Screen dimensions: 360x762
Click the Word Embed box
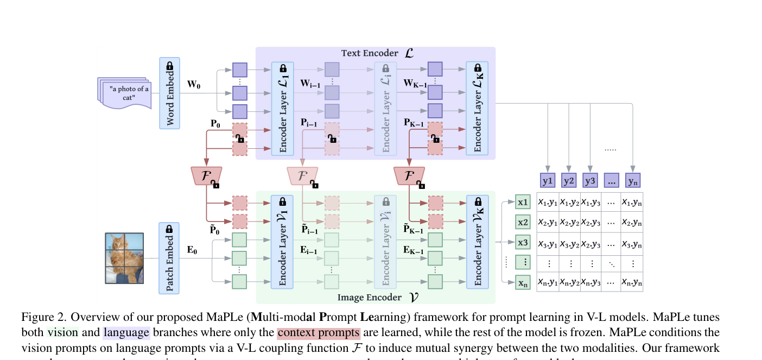coord(169,93)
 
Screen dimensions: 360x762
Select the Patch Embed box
coord(169,258)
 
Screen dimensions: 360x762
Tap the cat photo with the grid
coord(124,258)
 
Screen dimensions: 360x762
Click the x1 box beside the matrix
coord(523,203)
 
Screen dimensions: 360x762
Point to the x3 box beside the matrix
coord(523,243)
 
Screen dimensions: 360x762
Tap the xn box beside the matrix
coord(523,282)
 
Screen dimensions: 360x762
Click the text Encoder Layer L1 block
coord(282,109)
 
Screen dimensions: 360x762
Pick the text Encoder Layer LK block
coord(477,109)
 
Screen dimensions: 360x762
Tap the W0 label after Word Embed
coord(194,84)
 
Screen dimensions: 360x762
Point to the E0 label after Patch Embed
coord(193,250)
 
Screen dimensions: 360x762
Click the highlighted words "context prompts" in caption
coord(318,332)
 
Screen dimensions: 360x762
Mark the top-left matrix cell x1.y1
coord(548,202)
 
